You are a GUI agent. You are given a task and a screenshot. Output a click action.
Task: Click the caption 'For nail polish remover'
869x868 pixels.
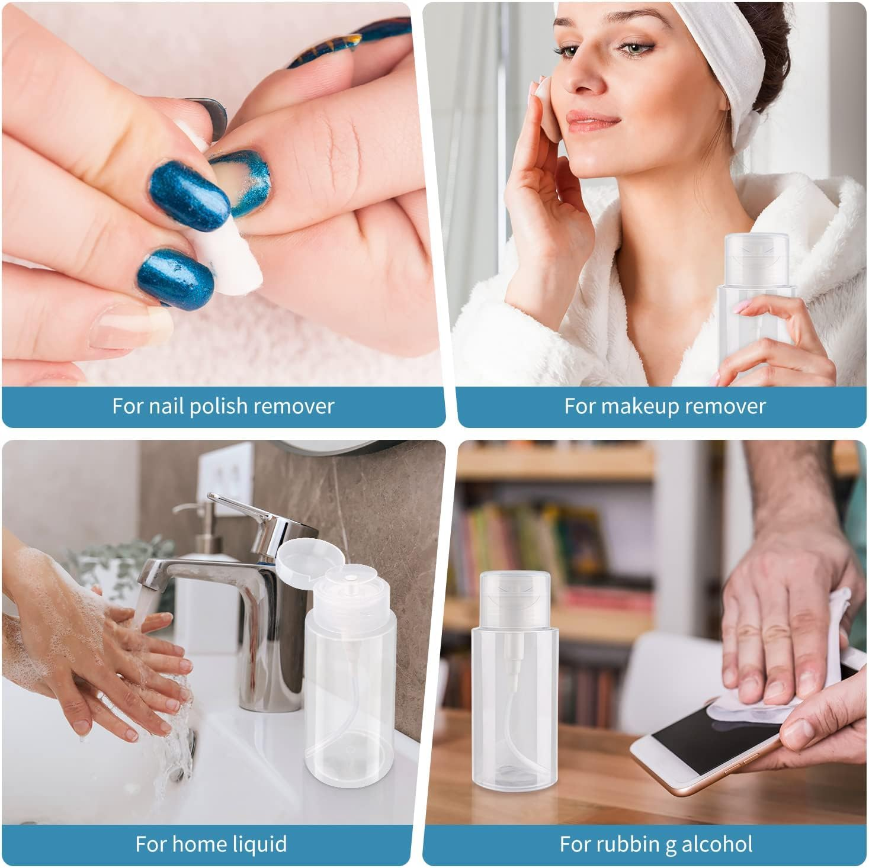point(223,406)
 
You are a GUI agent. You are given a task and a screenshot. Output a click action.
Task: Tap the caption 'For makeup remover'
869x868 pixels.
point(665,406)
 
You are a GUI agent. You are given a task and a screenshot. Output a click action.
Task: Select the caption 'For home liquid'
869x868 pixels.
point(211,844)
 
